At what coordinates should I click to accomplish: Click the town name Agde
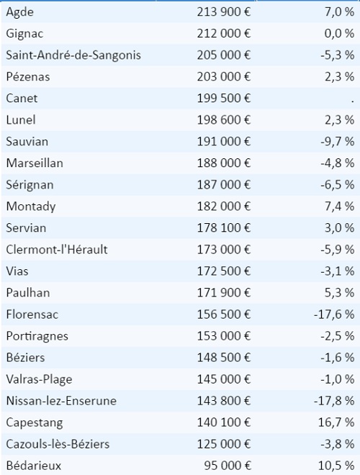[19, 12]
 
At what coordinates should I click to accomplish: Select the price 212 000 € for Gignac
[224, 33]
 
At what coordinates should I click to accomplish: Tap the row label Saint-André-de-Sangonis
[73, 55]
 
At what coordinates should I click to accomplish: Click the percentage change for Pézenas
[339, 76]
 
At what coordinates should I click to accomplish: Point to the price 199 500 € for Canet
[224, 98]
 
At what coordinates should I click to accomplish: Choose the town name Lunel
[21, 120]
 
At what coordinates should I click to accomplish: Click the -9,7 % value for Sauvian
[338, 142]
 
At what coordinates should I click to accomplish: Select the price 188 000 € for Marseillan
[224, 163]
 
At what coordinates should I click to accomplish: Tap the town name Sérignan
[30, 185]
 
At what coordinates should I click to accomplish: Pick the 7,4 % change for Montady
[339, 207]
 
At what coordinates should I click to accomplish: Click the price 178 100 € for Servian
[224, 228]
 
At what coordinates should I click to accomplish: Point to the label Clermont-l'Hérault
[57, 250]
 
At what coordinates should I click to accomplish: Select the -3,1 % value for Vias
[338, 271]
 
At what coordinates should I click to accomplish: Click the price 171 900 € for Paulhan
[224, 293]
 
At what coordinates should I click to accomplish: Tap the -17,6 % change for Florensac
[334, 315]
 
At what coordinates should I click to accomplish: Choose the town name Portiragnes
[37, 336]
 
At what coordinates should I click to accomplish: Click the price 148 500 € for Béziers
[224, 358]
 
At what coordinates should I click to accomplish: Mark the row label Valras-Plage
[39, 379]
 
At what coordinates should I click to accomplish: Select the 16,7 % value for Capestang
[336, 422]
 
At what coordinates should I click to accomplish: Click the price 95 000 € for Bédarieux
[228, 466]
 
